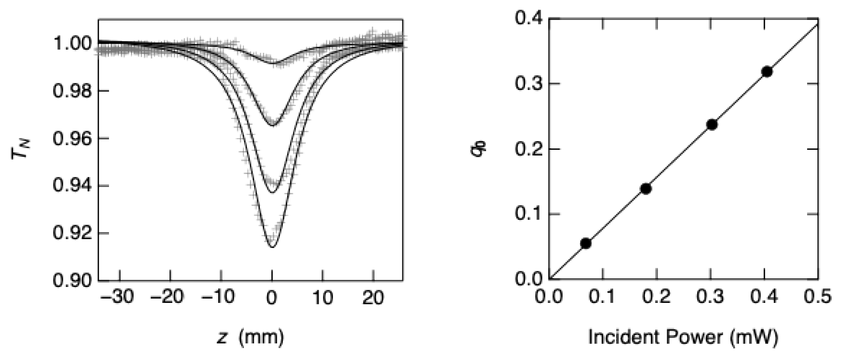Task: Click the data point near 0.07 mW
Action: click(x=585, y=243)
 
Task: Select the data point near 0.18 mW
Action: click(x=646, y=189)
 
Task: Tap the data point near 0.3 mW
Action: click(x=712, y=125)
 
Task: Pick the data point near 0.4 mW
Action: click(x=767, y=71)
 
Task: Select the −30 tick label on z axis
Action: click(x=117, y=297)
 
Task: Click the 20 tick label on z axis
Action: click(x=373, y=297)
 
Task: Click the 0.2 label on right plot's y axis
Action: click(x=529, y=149)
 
